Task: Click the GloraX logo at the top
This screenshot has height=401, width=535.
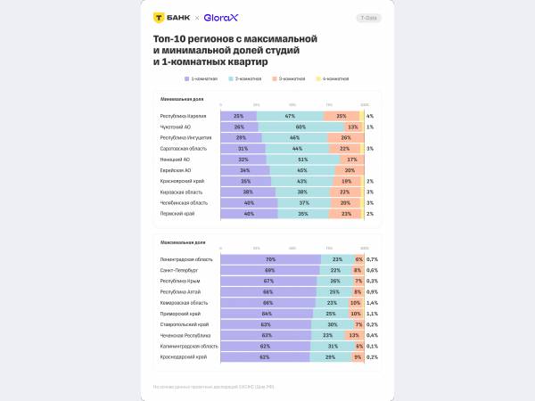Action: coord(220,17)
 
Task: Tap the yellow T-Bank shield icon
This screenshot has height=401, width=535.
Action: coord(159,17)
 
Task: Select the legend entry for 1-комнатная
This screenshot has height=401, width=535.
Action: coord(204,78)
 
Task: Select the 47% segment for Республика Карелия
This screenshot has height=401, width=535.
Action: coord(290,116)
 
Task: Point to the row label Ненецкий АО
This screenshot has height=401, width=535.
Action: coord(175,160)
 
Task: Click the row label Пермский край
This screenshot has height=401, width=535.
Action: coord(177,214)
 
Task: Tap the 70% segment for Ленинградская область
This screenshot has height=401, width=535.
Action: coord(270,259)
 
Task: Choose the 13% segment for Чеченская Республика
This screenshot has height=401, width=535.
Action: coord(353,335)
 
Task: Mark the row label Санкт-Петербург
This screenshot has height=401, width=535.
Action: coord(179,270)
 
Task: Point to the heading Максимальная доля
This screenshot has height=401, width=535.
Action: coord(180,241)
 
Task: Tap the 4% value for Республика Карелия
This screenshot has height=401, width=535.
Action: coord(369,116)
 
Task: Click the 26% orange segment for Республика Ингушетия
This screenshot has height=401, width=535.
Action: coord(346,137)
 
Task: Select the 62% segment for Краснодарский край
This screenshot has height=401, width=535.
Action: coord(265,356)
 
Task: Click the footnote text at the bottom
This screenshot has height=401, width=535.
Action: coord(213,387)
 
